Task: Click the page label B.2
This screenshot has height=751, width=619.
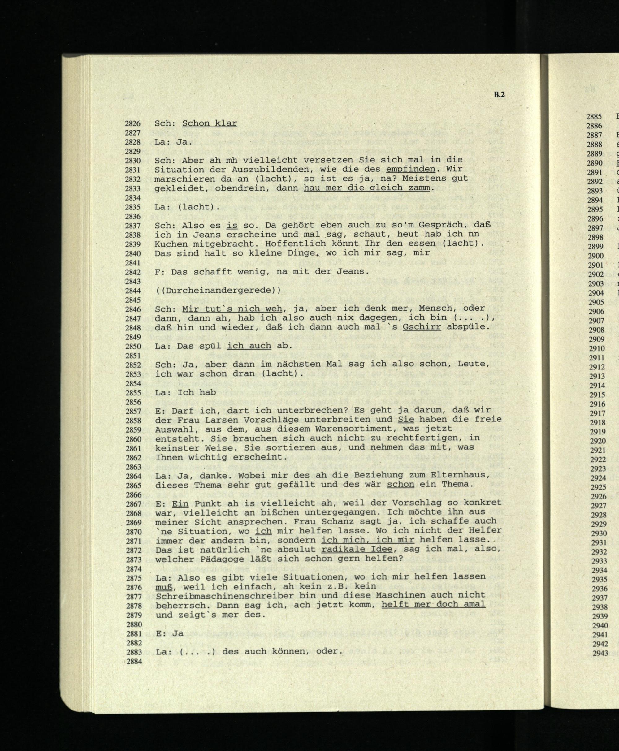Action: [x=499, y=95]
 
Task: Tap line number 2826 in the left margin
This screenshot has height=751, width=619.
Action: [x=133, y=124]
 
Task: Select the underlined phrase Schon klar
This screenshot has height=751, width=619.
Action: [x=209, y=123]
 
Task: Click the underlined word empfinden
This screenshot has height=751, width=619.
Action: [x=410, y=169]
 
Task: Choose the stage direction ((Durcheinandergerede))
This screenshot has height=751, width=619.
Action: [x=218, y=290]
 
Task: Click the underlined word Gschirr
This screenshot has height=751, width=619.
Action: [x=422, y=327]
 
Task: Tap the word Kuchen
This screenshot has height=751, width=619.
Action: [x=171, y=244]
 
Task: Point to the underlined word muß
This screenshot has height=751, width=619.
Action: [x=164, y=586]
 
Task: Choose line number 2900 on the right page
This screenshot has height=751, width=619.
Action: [x=595, y=256]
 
